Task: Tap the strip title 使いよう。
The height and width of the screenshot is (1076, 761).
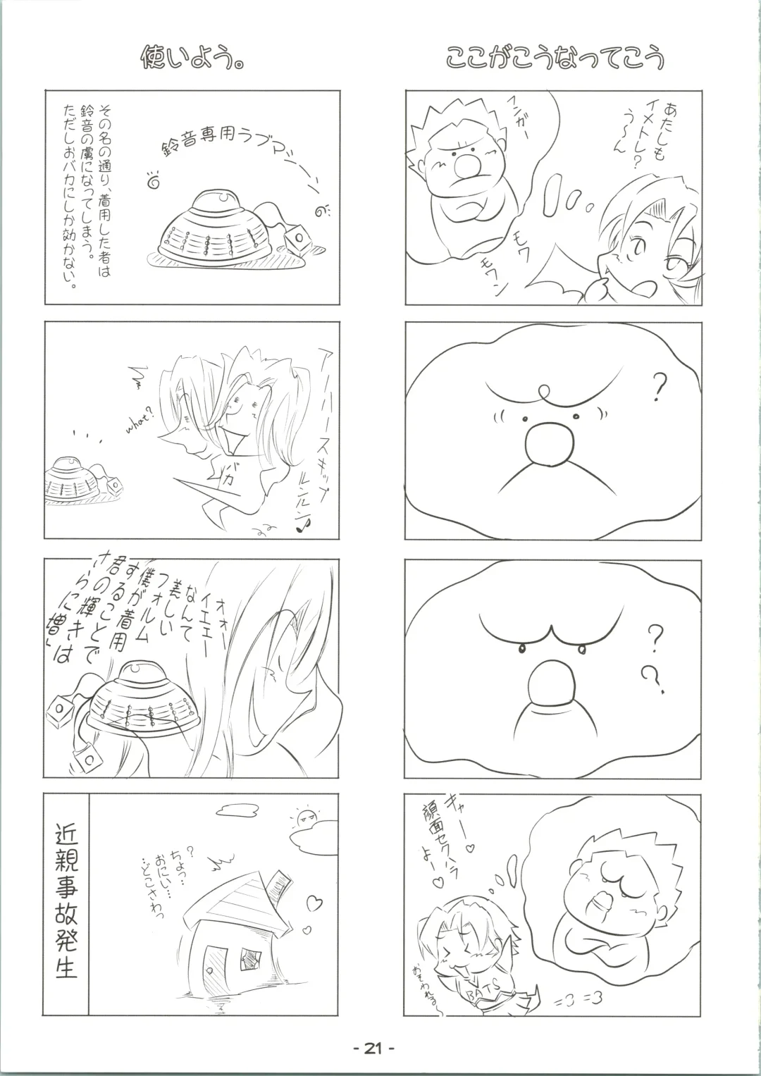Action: click(x=193, y=58)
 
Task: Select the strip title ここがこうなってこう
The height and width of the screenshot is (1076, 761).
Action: click(x=555, y=58)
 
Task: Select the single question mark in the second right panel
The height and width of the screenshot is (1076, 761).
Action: click(x=659, y=385)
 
